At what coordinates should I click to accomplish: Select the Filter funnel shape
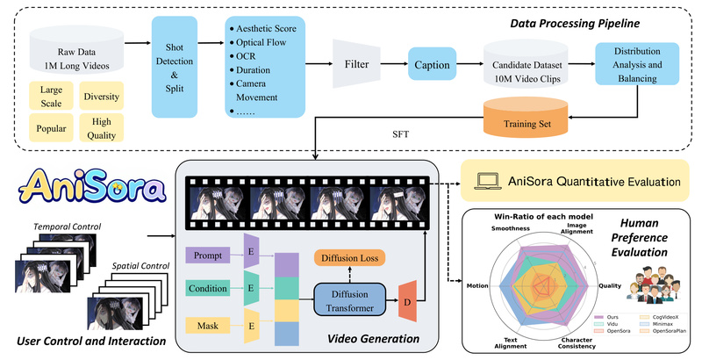(355, 63)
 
